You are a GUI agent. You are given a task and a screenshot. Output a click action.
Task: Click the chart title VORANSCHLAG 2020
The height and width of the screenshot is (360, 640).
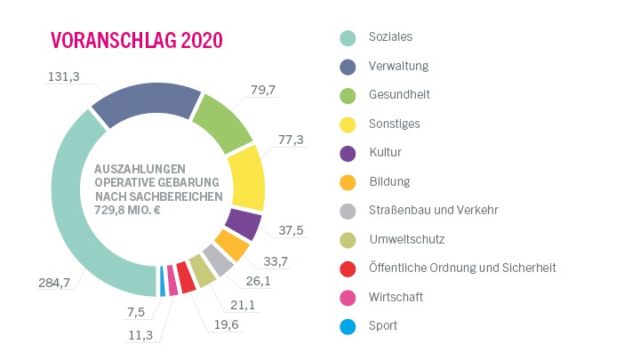point(136,41)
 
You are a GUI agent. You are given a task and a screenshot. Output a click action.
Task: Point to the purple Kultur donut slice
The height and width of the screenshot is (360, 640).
point(242,223)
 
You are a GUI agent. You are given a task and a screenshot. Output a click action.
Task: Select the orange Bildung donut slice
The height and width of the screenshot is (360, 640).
point(230,244)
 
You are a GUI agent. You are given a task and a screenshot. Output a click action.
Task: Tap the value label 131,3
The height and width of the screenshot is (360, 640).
point(63,77)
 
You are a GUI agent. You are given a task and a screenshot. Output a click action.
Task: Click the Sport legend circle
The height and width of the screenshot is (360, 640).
point(348,326)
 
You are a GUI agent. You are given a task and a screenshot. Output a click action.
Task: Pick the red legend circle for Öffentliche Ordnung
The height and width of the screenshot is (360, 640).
point(348,268)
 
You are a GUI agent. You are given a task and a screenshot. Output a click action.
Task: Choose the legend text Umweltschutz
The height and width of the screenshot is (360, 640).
point(407,239)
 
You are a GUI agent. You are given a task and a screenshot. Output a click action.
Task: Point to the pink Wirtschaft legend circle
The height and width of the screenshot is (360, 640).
point(348,298)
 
